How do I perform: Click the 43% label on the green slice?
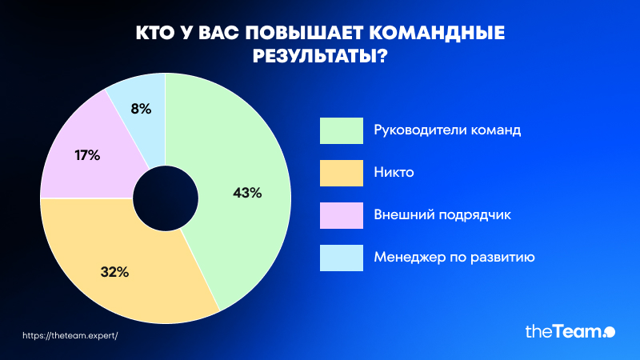[x=247, y=193]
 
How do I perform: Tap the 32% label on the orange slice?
[x=114, y=272]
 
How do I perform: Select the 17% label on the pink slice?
[x=87, y=155]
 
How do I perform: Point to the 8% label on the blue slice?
[x=142, y=109]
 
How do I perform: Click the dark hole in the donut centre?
[x=166, y=198]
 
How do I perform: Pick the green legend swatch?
[x=342, y=130]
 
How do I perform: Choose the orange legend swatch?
[x=342, y=173]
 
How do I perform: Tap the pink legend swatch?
[x=342, y=215]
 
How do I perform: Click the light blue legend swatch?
[x=342, y=258]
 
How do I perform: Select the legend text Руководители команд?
[x=447, y=130]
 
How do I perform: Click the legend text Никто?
[x=394, y=172]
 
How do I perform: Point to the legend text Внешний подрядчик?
[x=442, y=215]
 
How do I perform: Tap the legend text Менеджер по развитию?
[x=454, y=258]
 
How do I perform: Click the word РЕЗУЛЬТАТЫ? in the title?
[x=319, y=56]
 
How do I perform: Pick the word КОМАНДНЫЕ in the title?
[x=437, y=33]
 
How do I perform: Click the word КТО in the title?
[x=155, y=33]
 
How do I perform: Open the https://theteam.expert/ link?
[x=70, y=335]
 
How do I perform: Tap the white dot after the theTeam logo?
[x=610, y=332]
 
